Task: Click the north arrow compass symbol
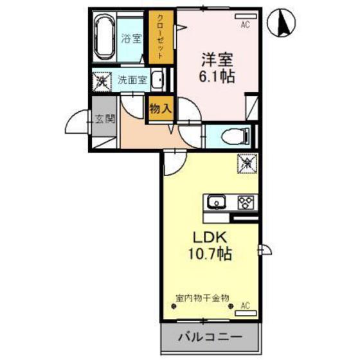point(280,23)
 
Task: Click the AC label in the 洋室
point(245,25)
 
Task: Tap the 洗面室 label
point(132,81)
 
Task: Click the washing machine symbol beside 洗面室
point(102,82)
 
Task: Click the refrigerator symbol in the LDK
point(248,163)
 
